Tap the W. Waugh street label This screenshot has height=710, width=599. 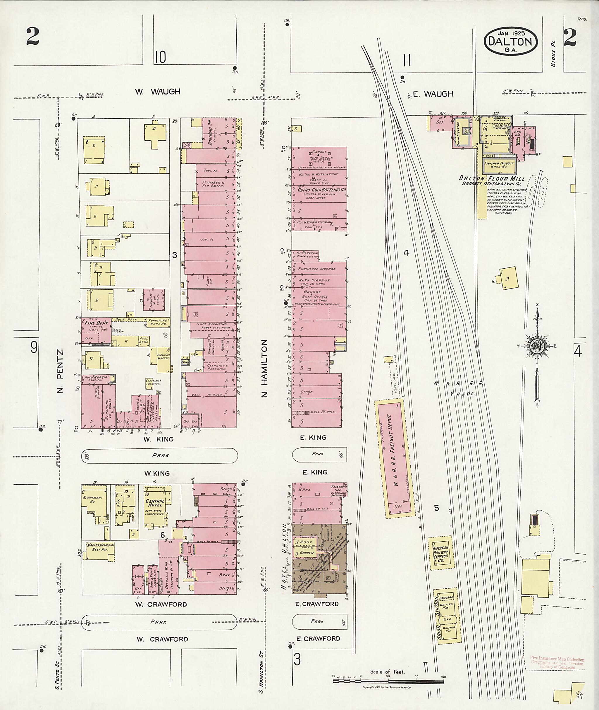pos(158,91)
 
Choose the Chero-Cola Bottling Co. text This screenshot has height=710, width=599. pos(321,190)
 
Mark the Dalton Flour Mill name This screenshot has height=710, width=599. pos(492,179)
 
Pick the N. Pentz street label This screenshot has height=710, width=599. pos(60,371)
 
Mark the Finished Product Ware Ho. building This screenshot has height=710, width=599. pos(499,165)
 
